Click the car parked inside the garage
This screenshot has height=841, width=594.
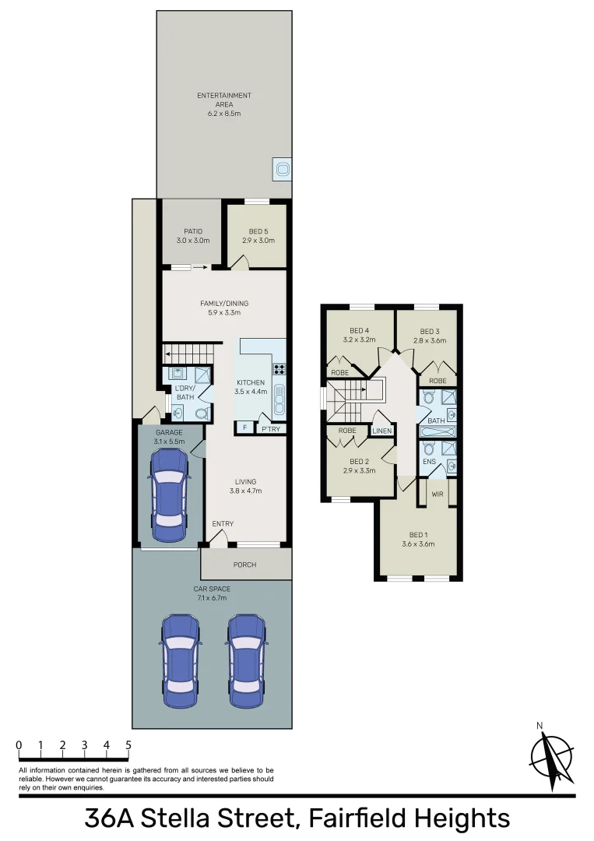click(169, 496)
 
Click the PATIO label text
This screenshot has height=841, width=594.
click(193, 231)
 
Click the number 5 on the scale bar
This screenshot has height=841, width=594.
click(128, 745)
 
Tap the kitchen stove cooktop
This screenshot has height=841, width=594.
click(279, 370)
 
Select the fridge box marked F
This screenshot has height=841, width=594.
click(245, 428)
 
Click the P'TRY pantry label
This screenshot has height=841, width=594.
click(270, 428)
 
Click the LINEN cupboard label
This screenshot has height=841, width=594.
click(382, 431)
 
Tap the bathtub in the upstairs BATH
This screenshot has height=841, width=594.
click(438, 431)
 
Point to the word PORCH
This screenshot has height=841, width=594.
click(245, 565)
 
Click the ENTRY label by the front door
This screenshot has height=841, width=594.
click(223, 524)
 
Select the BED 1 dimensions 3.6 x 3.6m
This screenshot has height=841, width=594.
click(419, 544)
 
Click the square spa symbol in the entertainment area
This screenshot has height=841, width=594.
click(282, 168)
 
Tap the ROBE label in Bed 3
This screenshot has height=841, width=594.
click(437, 381)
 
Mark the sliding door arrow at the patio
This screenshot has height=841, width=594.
click(199, 267)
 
